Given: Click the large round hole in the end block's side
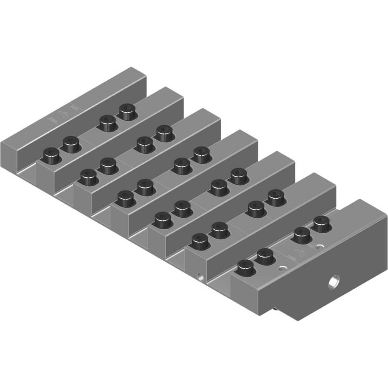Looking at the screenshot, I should pos(334,282).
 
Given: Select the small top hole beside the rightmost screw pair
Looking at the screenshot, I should pos(319,247).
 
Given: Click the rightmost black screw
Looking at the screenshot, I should pos(322,224).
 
